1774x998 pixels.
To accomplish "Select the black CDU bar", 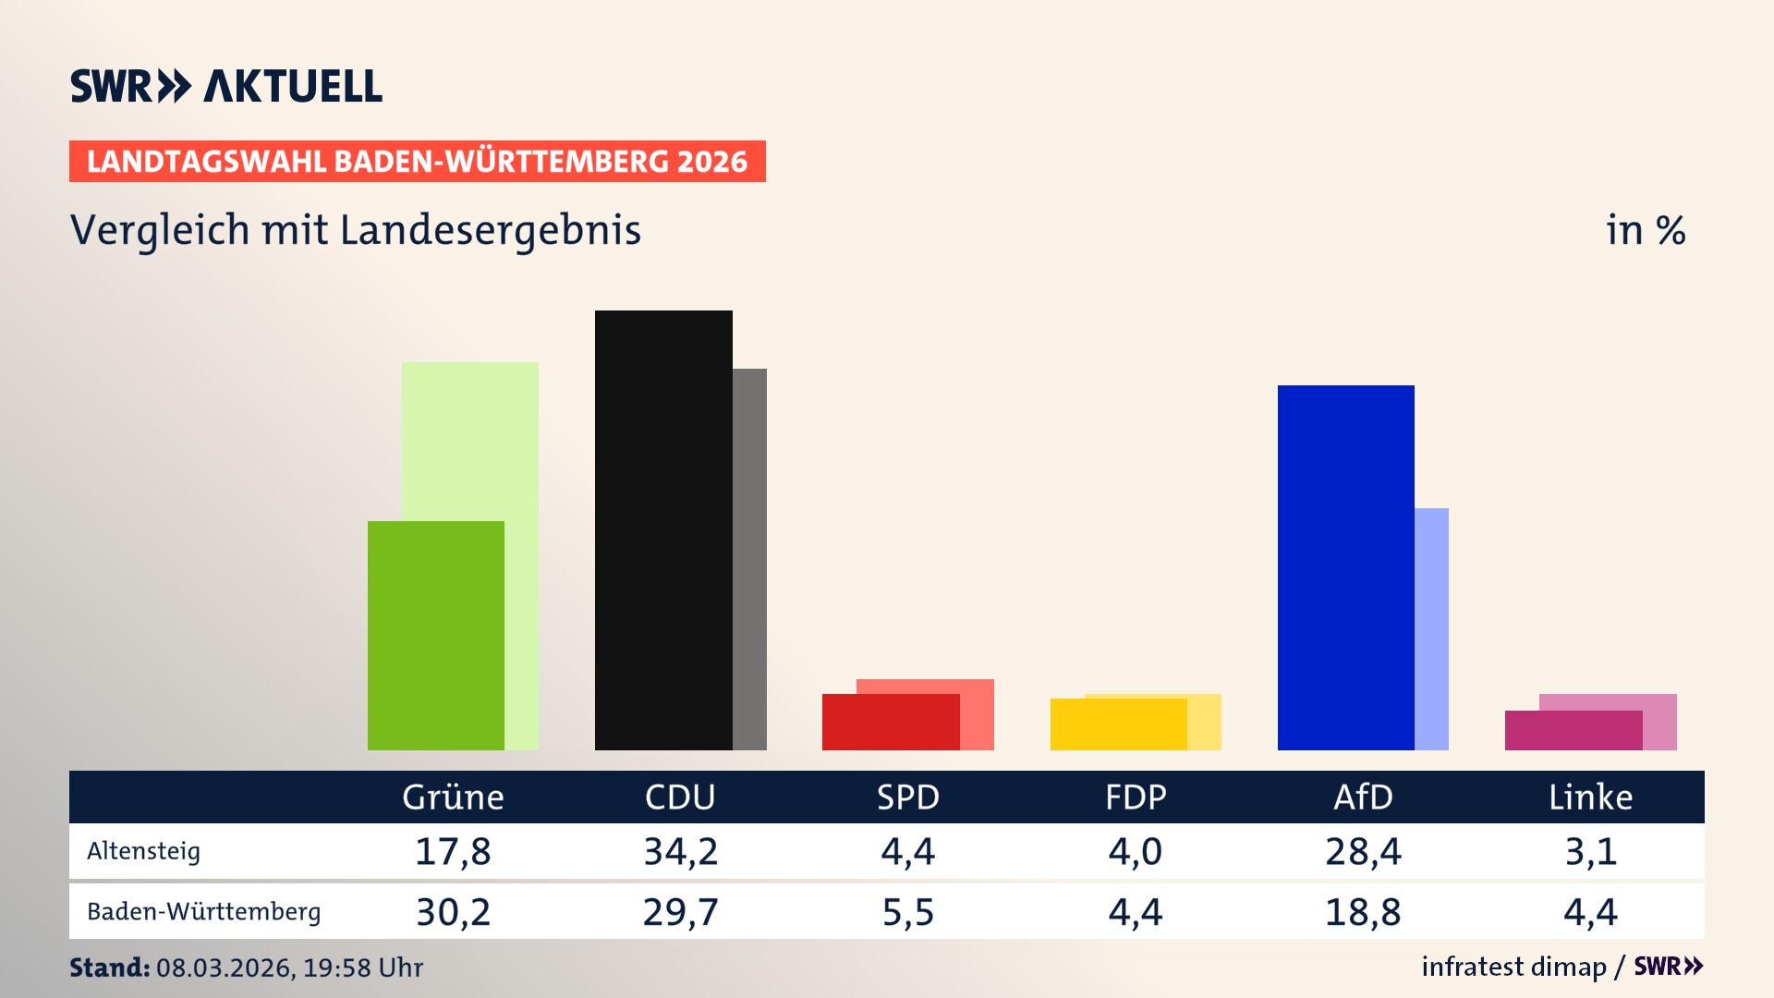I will pyautogui.click(x=663, y=530).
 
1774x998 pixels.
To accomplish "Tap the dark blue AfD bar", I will pyautogui.click(x=1345, y=567).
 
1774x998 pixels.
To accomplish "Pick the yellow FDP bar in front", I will pyautogui.click(x=1118, y=724).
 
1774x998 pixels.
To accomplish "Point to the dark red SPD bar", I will pyautogui.click(x=891, y=722).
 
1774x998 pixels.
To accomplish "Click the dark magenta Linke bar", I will pyautogui.click(x=1573, y=730).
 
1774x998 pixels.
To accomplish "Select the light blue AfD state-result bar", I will pyautogui.click(x=1431, y=628).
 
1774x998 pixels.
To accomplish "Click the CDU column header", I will pyautogui.click(x=680, y=797).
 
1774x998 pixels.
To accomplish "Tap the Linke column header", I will pyautogui.click(x=1590, y=797).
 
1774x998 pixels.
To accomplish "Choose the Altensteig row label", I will pyautogui.click(x=143, y=851).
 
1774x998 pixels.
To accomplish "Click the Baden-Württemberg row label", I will pyautogui.click(x=203, y=912).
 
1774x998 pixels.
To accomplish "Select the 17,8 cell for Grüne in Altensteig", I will pyautogui.click(x=453, y=851).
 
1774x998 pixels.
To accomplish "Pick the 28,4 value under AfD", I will pyautogui.click(x=1363, y=851).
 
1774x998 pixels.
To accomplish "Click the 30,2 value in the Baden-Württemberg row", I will pyautogui.click(x=453, y=912).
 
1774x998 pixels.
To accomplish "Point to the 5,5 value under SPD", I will pyautogui.click(x=907, y=912).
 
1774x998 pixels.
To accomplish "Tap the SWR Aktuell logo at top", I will pyautogui.click(x=226, y=86).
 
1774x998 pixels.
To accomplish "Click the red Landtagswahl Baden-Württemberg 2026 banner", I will pyautogui.click(x=417, y=162).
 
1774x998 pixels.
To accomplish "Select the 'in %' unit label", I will pyautogui.click(x=1646, y=230).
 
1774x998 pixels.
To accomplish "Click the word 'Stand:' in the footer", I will pyautogui.click(x=109, y=968).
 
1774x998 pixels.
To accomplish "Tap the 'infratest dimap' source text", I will pyautogui.click(x=1513, y=967).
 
